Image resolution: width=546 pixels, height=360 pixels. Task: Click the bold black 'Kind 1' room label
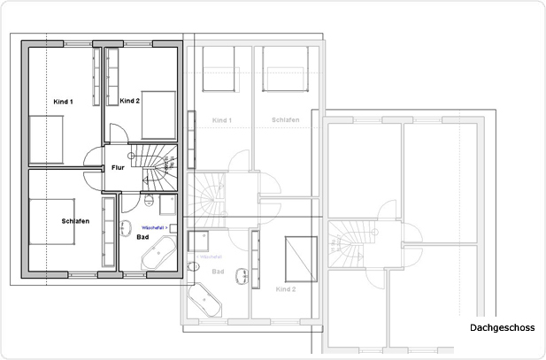pos(62,102)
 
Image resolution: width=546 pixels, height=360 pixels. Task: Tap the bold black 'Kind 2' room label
pos(130,101)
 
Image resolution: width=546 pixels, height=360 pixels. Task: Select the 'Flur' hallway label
pos(117,167)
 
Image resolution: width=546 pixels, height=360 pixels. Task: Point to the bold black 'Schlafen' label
pos(75,220)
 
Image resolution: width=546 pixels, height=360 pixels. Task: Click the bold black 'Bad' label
pos(142,237)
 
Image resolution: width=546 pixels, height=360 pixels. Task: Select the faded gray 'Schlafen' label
pos(285,119)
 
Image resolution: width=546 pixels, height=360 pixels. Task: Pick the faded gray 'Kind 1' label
pos(221,119)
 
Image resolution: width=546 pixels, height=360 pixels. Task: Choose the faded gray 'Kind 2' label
pos(285,288)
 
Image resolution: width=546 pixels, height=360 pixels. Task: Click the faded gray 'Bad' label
pos(219,272)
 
